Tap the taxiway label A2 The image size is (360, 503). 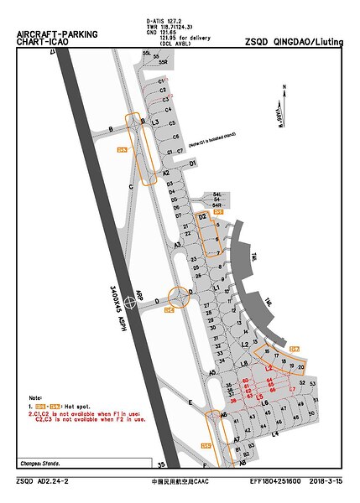click(x=166, y=173)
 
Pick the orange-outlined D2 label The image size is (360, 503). click(x=202, y=217)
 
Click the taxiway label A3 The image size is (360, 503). click(x=177, y=244)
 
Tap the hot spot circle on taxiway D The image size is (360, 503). click(x=179, y=297)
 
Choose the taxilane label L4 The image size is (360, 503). click(x=274, y=433)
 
